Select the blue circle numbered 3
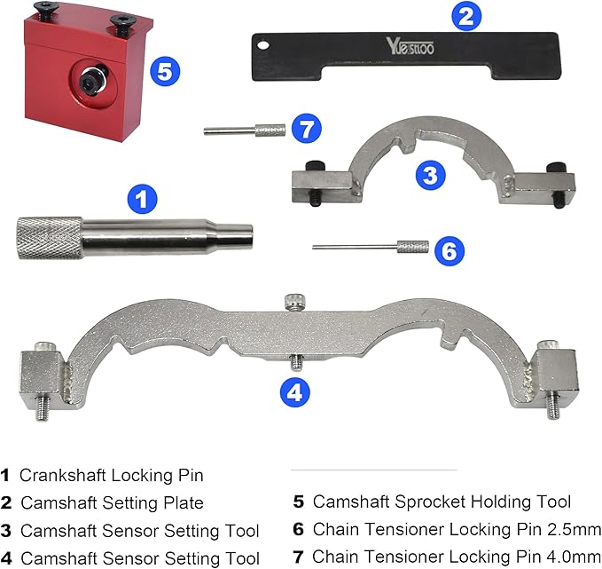[429, 174]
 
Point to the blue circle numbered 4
[295, 391]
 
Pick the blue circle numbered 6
[449, 251]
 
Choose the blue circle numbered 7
[306, 130]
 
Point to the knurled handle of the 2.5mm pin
[412, 247]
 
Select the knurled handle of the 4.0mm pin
[270, 130]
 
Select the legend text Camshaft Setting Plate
[112, 503]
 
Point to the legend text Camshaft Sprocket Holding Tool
[442, 502]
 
